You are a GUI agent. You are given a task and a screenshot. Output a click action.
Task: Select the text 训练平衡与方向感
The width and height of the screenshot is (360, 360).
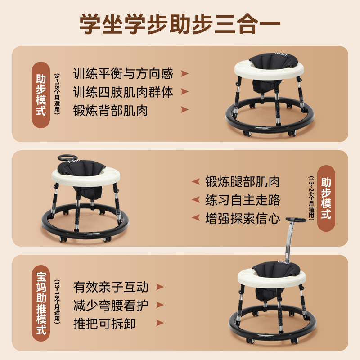(x=123, y=73)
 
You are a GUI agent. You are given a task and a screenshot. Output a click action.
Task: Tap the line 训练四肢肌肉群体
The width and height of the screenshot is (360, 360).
(x=123, y=92)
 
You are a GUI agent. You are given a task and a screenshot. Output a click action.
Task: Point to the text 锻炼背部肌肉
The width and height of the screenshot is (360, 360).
(x=110, y=110)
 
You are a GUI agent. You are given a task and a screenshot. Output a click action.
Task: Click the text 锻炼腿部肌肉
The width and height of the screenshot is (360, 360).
(x=243, y=181)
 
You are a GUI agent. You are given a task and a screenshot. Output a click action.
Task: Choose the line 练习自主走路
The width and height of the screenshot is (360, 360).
(x=243, y=200)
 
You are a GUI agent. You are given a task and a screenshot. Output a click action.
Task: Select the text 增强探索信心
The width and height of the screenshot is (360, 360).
(x=243, y=219)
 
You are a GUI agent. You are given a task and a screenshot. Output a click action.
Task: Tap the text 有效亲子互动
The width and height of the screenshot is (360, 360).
(x=111, y=287)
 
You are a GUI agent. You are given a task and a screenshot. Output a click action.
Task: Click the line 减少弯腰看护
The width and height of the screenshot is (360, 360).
(x=111, y=305)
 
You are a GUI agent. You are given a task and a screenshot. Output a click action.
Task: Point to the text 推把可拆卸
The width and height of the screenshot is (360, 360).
(x=104, y=324)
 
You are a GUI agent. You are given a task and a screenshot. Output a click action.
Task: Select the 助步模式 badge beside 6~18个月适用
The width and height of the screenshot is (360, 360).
(x=41, y=95)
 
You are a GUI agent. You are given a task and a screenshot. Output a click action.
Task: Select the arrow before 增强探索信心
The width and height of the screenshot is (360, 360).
(x=196, y=219)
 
